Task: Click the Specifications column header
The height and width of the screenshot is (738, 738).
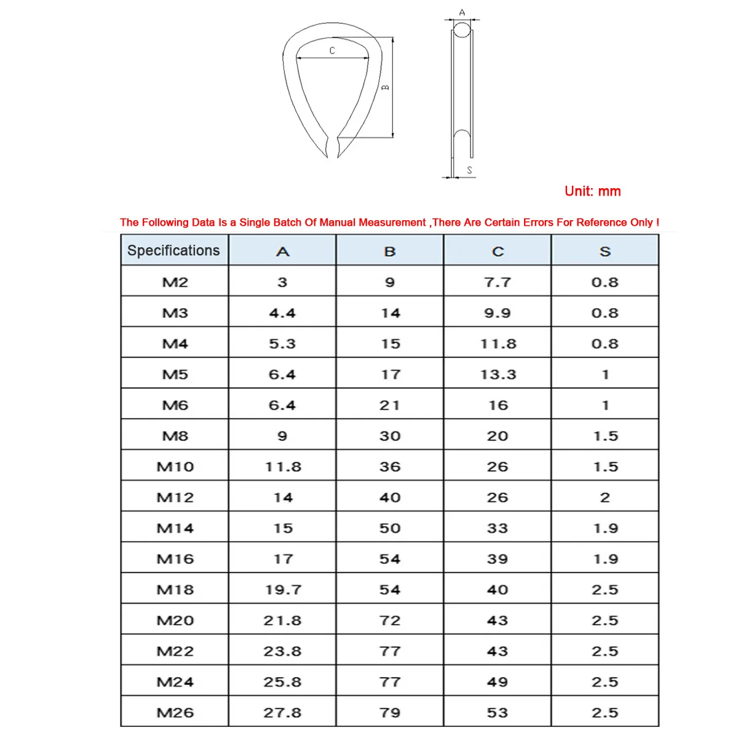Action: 173,251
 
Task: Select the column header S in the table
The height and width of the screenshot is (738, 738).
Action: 605,252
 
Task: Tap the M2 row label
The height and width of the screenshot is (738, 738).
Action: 175,282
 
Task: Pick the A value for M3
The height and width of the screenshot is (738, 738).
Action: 282,313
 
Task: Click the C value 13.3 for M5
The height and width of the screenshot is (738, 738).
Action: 498,375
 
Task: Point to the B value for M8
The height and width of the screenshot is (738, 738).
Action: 390,436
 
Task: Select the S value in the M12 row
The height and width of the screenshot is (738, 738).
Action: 605,498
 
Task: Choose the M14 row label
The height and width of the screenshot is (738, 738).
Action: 175,528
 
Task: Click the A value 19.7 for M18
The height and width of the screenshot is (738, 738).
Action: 283,590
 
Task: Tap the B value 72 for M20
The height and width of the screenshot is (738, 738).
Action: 390,621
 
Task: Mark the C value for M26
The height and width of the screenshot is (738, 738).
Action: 498,713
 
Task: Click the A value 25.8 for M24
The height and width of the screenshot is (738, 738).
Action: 283,682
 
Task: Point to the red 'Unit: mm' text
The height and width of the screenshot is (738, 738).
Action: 592,191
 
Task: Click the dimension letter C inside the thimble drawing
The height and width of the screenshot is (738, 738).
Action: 332,51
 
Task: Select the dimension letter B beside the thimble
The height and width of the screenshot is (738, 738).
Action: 386,87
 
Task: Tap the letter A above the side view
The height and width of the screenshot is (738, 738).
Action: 462,12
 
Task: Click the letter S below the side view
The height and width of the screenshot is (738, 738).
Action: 470,170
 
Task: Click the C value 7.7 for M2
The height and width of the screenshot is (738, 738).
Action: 498,282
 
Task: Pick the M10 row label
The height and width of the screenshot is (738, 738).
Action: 175,467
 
